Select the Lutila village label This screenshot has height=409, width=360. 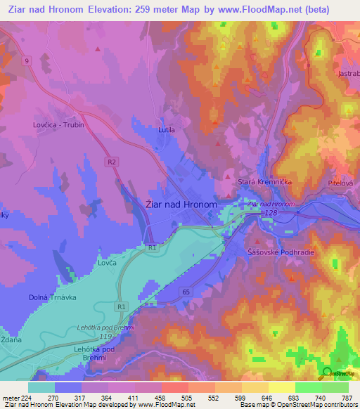point(166,130)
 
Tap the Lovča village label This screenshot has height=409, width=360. point(108,265)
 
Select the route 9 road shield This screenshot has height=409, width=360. point(27,61)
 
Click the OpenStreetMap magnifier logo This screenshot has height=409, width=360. point(326,373)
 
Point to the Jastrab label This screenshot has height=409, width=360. point(348,72)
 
